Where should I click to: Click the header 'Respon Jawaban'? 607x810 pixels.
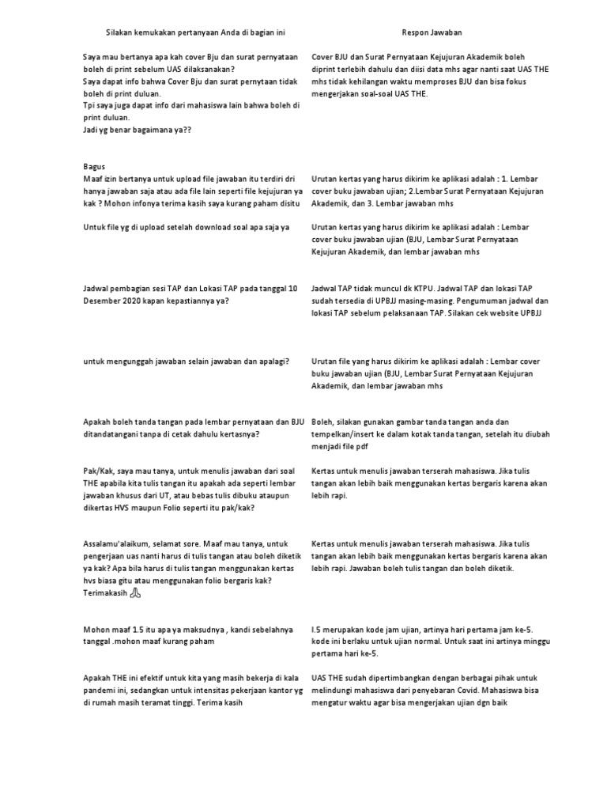[432, 32]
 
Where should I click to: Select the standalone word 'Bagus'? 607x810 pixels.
[94, 167]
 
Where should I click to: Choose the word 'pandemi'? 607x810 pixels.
[100, 690]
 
